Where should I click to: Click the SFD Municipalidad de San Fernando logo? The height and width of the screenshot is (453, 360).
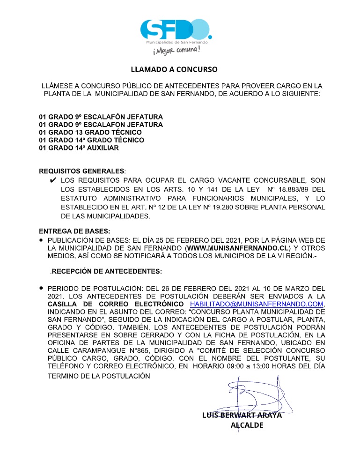pos(176,30)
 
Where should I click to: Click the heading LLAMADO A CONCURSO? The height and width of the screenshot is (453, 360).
pos(174,69)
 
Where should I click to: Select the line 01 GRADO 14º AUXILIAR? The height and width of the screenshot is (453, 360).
pos(79,148)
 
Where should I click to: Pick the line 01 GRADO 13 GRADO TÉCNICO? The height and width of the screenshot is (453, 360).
pos(90,132)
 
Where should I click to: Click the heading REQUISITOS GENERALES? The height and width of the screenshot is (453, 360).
pos(82,171)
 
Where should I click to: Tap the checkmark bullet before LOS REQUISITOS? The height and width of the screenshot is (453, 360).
pos(53,180)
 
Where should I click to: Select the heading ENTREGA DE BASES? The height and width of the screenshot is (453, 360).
pos(74,231)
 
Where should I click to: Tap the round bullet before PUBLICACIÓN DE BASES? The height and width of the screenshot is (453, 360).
pos(41,239)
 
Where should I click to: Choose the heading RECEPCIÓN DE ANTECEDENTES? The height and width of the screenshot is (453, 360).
pos(107,271)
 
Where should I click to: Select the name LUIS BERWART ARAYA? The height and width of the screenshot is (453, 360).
pos(242,415)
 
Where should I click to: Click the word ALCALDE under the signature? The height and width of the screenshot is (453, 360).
pos(247,425)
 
